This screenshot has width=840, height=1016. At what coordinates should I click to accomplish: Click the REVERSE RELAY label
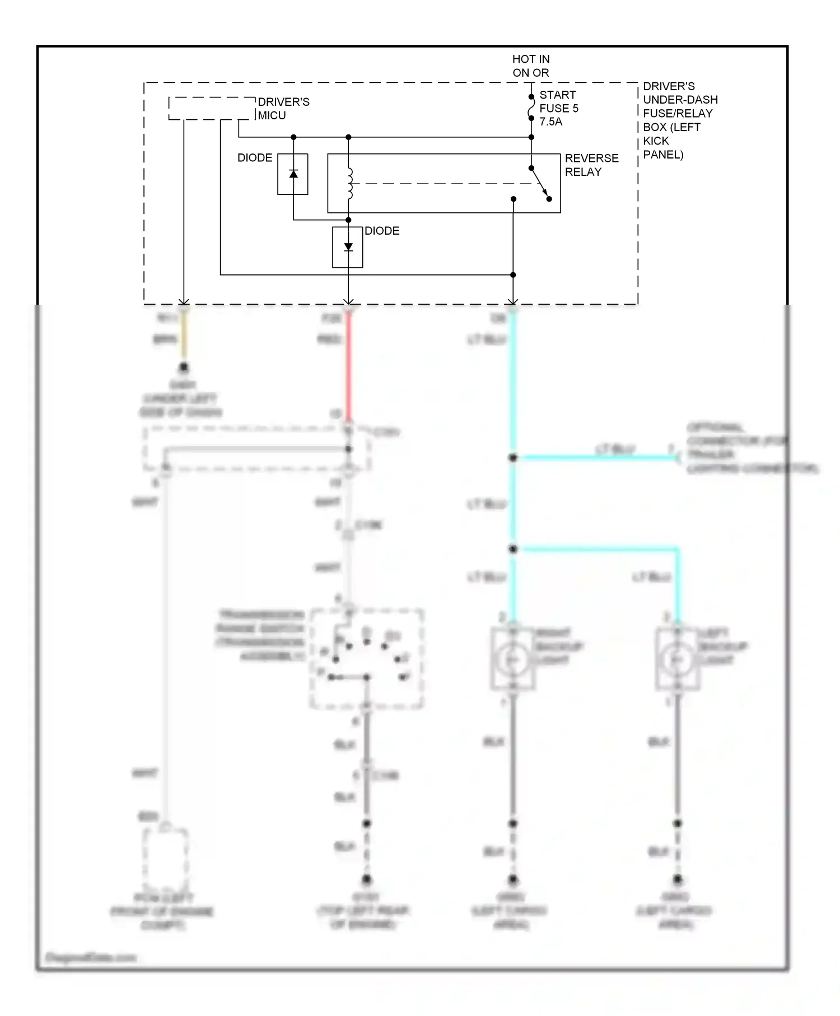(x=591, y=165)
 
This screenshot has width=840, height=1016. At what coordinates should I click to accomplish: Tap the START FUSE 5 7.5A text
(x=558, y=108)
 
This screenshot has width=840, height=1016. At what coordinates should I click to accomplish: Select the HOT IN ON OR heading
(x=530, y=66)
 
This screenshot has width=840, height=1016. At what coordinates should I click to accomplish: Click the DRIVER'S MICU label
(x=283, y=108)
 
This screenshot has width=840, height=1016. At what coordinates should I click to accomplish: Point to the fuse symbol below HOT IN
(x=531, y=108)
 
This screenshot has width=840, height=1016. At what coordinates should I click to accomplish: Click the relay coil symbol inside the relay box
(x=349, y=183)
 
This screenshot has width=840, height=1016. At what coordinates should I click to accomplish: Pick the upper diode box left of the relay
(x=293, y=174)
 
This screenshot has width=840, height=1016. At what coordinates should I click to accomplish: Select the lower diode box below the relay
(x=348, y=247)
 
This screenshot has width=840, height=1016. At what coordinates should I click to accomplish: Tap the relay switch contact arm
(x=540, y=183)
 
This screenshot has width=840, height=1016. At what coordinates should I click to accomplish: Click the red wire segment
(x=348, y=364)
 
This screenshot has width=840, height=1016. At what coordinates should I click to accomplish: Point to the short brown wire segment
(x=183, y=339)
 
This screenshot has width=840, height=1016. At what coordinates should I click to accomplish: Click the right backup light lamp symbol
(x=512, y=659)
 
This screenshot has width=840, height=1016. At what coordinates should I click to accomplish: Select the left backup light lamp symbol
(x=677, y=659)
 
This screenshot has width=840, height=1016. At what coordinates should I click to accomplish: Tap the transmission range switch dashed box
(x=367, y=659)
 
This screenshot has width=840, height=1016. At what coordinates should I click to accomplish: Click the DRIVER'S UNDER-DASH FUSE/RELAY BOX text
(x=679, y=120)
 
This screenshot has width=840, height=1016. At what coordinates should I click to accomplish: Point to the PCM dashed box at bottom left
(x=165, y=856)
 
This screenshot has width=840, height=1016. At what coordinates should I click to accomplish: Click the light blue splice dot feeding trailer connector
(x=512, y=458)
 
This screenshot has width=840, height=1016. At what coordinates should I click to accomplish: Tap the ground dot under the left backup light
(x=677, y=879)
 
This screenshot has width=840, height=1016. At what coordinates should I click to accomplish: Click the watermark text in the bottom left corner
(x=90, y=957)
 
